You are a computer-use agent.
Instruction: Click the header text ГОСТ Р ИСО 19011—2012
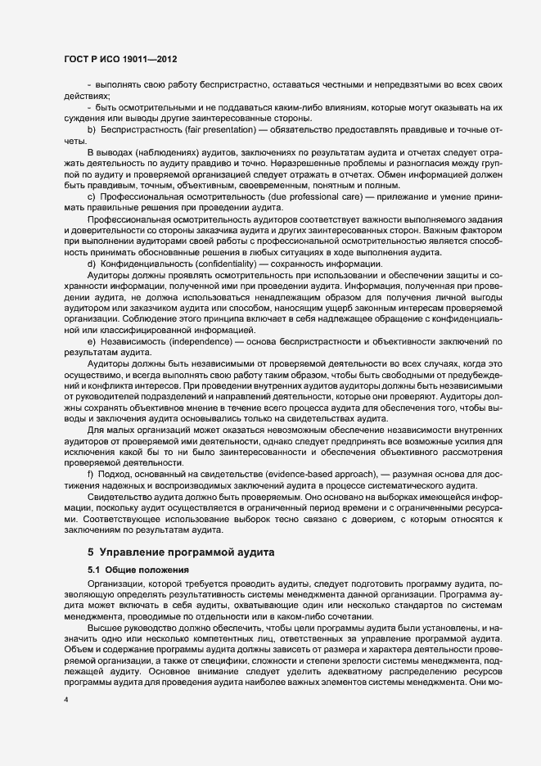coord(119,60)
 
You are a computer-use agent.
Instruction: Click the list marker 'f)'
coord(91,475)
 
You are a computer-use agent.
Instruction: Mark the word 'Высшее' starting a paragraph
coord(104,624)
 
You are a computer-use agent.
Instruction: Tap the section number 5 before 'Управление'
coord(91,552)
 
